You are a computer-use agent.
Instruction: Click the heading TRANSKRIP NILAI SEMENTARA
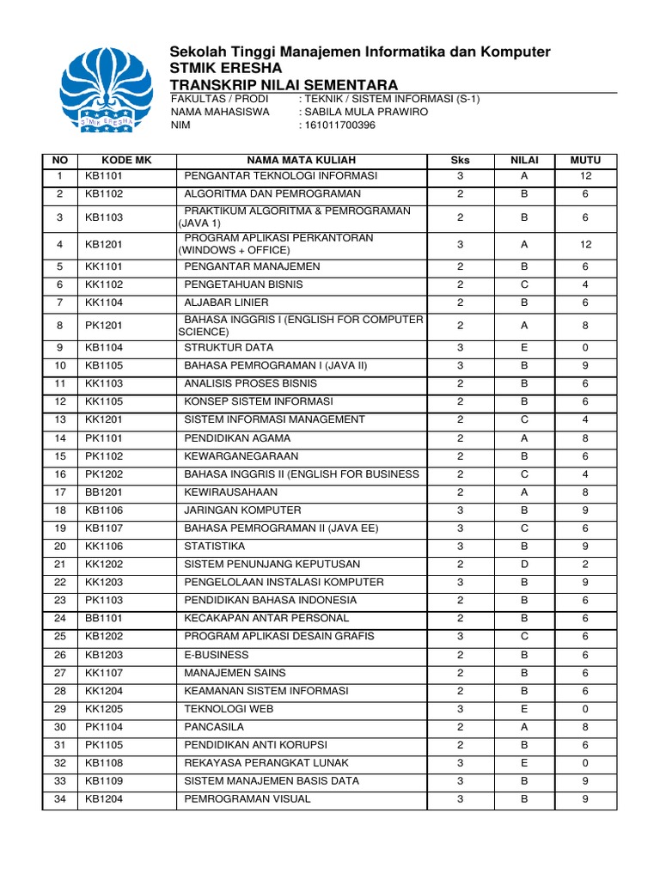(x=284, y=84)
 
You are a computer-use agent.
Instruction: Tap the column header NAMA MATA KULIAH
(x=302, y=160)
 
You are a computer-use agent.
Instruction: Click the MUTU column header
(x=585, y=160)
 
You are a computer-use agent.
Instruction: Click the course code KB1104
(x=104, y=347)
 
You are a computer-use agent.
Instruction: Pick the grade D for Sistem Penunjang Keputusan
(x=524, y=564)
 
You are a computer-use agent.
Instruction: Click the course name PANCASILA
(x=212, y=726)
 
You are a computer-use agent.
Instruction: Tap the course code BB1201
(x=104, y=492)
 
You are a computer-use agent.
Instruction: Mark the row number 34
(x=60, y=798)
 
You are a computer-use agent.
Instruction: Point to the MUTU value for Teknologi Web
(x=585, y=708)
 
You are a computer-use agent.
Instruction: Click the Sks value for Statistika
(x=461, y=546)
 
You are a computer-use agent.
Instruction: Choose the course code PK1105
(x=104, y=744)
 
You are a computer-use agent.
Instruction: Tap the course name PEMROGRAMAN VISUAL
(x=247, y=798)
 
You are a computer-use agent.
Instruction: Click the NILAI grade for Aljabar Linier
(x=524, y=302)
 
